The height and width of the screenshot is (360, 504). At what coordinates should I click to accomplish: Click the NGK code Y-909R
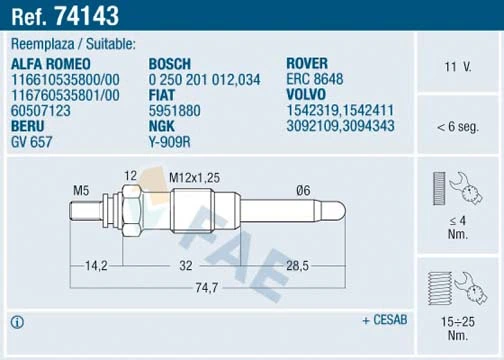pos(170,143)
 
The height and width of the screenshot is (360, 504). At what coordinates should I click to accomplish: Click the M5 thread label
pos(82,190)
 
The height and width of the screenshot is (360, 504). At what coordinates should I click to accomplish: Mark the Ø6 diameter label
pos(303,190)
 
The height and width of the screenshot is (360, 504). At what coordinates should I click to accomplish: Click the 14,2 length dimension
pos(96,265)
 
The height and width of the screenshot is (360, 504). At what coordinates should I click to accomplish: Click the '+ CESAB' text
pos(385,321)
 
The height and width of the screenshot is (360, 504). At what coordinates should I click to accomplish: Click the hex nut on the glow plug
pos(131,212)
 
